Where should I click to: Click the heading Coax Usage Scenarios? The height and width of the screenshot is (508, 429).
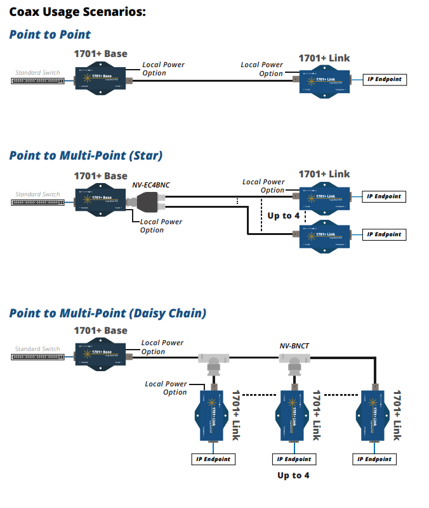(77, 11)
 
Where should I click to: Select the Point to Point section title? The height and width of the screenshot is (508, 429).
(50, 35)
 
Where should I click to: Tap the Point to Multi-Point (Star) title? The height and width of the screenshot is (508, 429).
(86, 155)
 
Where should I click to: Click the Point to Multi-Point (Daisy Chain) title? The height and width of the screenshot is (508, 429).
(107, 313)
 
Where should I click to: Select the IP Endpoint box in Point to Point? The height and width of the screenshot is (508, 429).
(385, 80)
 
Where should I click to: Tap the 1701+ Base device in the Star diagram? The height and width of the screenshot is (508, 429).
(100, 199)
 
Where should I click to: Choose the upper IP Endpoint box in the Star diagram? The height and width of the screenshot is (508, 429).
(384, 196)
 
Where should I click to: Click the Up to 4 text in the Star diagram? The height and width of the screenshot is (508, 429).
(283, 215)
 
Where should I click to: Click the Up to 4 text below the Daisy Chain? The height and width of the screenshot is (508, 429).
(293, 475)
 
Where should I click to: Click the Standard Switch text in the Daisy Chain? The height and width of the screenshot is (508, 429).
(37, 348)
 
